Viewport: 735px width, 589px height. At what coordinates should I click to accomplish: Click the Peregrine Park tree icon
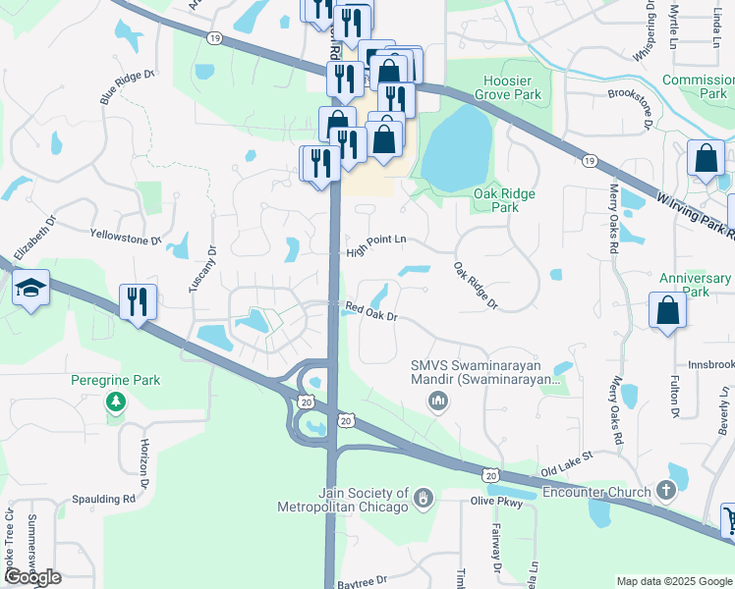[117, 402]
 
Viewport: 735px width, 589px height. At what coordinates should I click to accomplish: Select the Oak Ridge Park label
[504, 200]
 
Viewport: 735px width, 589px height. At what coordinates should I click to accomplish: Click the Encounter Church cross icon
[665, 491]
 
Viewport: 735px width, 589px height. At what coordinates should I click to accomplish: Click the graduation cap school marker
[30, 289]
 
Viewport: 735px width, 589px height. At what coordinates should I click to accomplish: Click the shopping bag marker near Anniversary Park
[667, 311]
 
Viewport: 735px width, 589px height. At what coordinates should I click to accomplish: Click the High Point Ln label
[376, 252]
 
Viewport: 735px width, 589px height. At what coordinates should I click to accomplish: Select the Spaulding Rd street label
[102, 499]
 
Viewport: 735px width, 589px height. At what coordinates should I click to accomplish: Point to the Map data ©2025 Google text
[673, 581]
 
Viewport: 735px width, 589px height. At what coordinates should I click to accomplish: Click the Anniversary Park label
[682, 285]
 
